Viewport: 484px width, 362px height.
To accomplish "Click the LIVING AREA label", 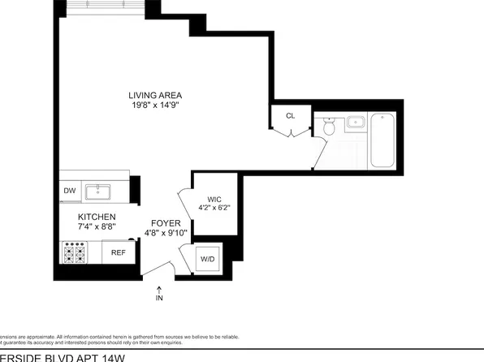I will click(x=153, y=94).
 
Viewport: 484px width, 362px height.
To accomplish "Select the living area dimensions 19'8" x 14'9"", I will click(x=153, y=105).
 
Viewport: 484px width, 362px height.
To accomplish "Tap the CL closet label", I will click(x=290, y=115).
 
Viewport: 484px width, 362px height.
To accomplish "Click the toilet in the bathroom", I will click(x=328, y=127).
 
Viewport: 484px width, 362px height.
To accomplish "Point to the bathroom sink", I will click(x=356, y=123).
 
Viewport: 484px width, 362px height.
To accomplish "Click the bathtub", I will click(x=381, y=140).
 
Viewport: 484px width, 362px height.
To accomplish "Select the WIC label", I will click(x=214, y=198).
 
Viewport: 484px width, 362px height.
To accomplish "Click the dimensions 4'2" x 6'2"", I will click(x=214, y=208).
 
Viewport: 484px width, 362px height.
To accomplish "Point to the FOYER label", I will click(x=166, y=222).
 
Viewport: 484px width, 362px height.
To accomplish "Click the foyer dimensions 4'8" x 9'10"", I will click(x=166, y=234).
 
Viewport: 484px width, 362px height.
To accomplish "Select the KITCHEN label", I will click(x=97, y=217).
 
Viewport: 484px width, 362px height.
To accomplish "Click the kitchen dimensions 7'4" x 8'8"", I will click(x=97, y=227).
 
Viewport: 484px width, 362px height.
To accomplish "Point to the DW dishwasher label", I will click(x=69, y=192).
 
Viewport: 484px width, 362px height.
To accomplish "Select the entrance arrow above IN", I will click(x=159, y=287).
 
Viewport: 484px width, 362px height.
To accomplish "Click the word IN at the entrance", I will click(x=159, y=298).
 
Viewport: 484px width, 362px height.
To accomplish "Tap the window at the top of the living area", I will click(x=102, y=6).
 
